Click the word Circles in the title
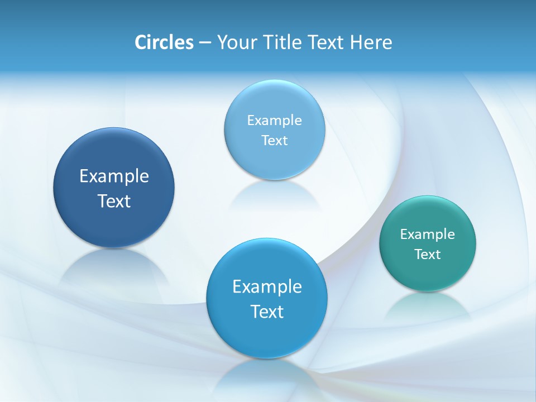(x=164, y=42)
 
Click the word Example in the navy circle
(x=114, y=176)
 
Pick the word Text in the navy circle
(x=114, y=201)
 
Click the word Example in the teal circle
(x=428, y=234)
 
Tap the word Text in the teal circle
(x=428, y=255)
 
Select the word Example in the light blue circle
(x=274, y=120)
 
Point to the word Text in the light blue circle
(x=274, y=141)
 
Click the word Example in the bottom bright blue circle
(x=267, y=287)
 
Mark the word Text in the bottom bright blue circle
(x=267, y=312)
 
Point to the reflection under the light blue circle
(x=274, y=195)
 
